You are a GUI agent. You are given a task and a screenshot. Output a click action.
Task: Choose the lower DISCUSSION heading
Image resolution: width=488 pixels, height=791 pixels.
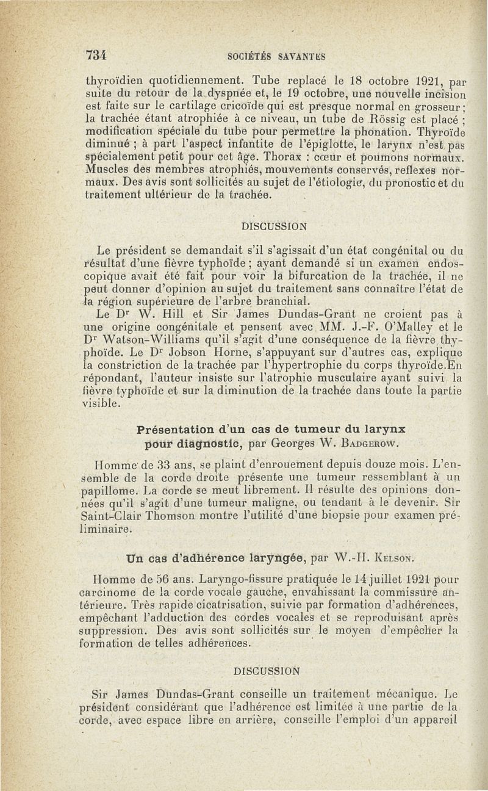(267, 671)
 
